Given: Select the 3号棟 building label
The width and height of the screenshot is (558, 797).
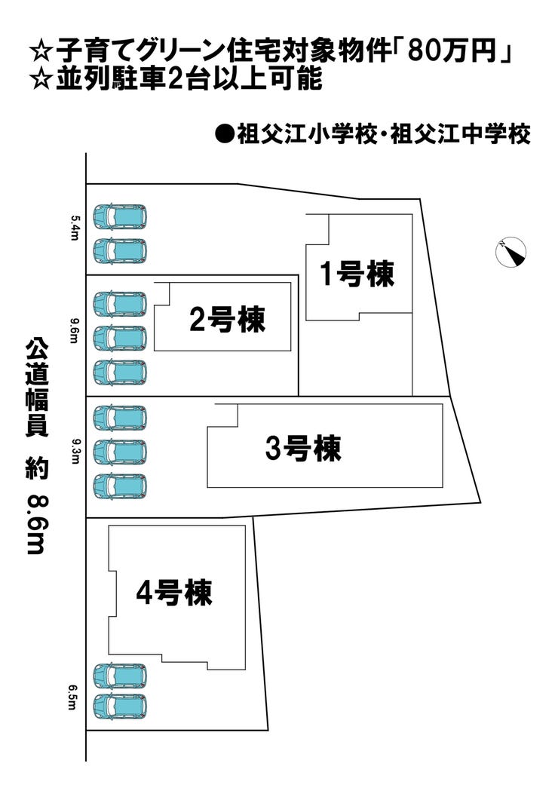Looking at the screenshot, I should (x=303, y=449).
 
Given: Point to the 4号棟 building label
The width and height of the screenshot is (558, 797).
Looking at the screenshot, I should (x=173, y=593).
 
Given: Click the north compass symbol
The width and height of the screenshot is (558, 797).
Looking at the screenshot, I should (x=511, y=252).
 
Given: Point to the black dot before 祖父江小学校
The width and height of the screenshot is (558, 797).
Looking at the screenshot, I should (x=222, y=134).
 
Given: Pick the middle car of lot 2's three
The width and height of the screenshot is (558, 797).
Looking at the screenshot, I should (x=120, y=338).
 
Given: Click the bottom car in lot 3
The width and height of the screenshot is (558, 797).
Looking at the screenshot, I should (x=120, y=486).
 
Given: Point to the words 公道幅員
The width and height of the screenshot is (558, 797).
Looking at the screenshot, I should (x=36, y=388).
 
